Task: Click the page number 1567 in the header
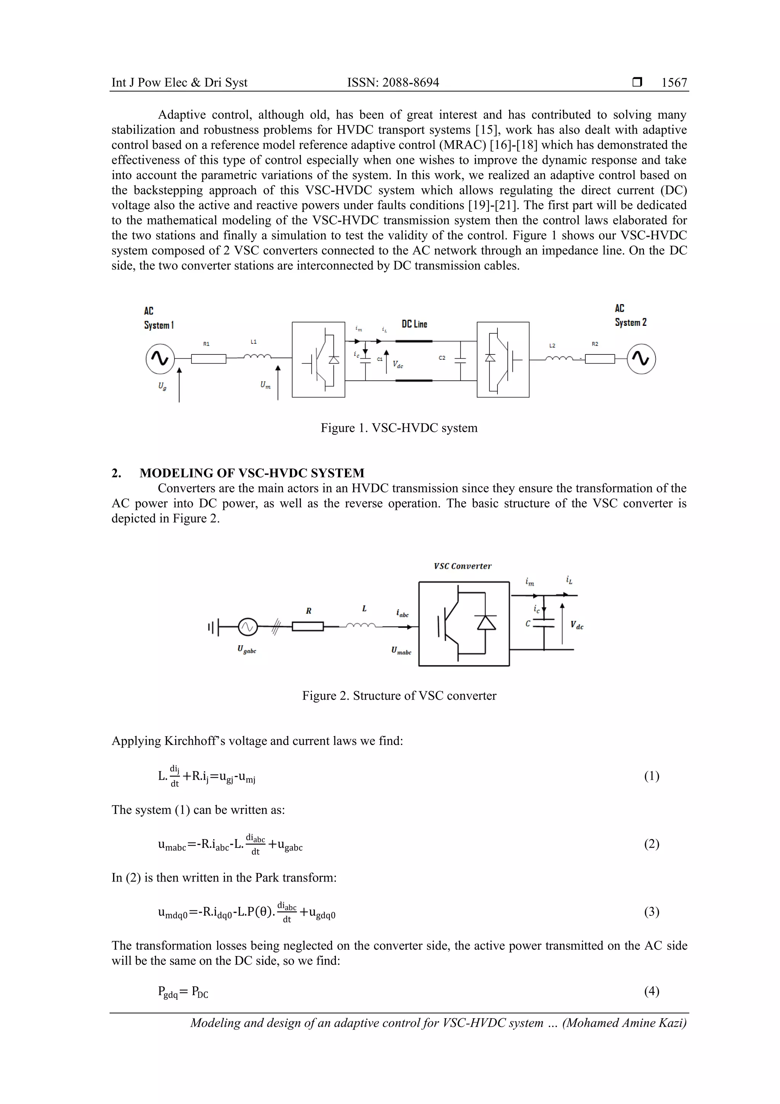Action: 674,83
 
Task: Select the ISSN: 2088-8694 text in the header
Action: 393,83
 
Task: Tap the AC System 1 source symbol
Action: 160,359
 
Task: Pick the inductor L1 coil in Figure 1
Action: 257,357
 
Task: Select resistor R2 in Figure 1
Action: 600,359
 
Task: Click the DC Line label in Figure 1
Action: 414,324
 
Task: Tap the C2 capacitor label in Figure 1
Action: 442,358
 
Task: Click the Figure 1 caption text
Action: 399,428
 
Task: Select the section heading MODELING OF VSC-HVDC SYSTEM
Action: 252,473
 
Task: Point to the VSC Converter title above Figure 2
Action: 462,566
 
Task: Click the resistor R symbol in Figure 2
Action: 308,627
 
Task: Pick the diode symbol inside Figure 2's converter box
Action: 486,623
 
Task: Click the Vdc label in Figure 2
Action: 577,625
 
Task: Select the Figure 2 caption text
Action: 399,695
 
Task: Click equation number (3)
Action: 651,912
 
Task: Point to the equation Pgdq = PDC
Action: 183,992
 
